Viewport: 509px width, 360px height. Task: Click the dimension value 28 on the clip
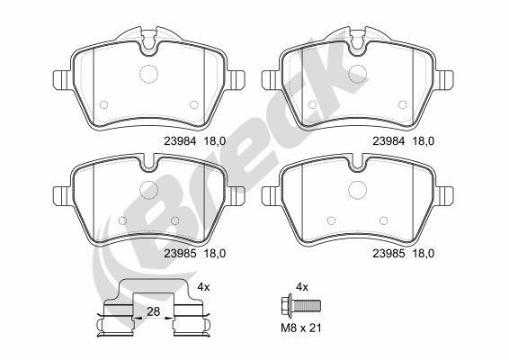(153, 311)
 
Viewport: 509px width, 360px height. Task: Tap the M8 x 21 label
(301, 328)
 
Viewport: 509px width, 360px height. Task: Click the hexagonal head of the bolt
(285, 305)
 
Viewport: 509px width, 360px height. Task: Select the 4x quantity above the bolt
(302, 287)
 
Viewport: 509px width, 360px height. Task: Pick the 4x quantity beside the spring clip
(204, 287)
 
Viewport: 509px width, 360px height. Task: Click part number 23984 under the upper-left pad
(180, 141)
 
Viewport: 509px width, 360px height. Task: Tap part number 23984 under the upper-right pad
(388, 141)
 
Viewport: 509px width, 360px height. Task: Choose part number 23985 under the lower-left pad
(180, 254)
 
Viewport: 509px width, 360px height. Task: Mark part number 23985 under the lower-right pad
(388, 254)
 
